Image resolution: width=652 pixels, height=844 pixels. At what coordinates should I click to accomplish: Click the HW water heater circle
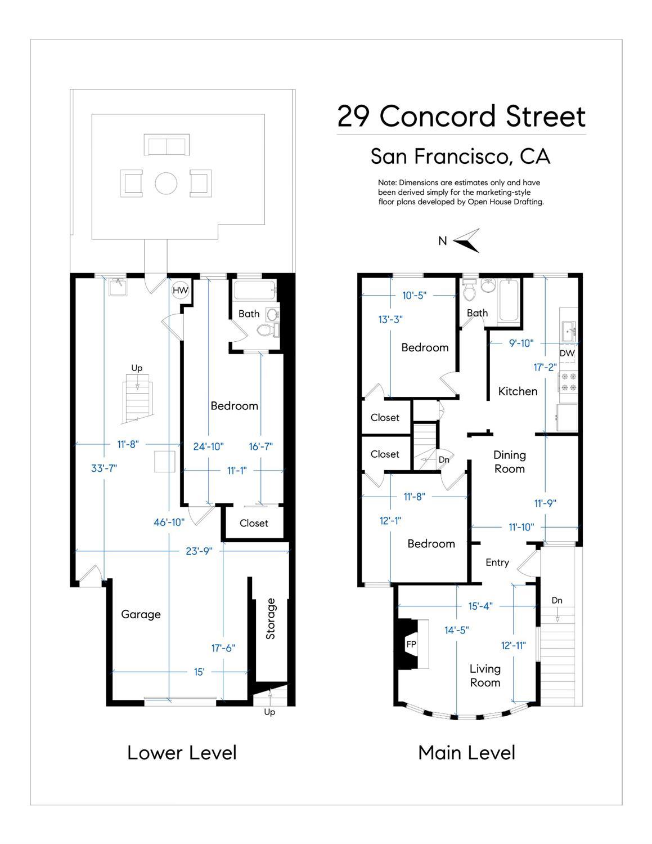(x=180, y=290)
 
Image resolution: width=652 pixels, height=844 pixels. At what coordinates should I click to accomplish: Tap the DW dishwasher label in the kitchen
(x=567, y=353)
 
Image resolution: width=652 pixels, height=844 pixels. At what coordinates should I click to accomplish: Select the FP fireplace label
(x=411, y=644)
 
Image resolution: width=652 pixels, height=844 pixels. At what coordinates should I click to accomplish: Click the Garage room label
(x=141, y=614)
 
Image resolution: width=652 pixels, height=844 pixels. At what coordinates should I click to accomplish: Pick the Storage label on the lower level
(x=271, y=619)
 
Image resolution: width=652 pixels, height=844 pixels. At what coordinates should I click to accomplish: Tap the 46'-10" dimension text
(x=169, y=522)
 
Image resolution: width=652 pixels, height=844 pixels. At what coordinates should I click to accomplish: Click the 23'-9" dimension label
(x=199, y=551)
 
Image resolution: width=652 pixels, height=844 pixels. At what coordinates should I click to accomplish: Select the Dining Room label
(x=510, y=462)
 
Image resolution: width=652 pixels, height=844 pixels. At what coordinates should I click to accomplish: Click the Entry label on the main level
(x=497, y=563)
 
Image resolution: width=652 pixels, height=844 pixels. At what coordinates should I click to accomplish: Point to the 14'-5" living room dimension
(x=457, y=630)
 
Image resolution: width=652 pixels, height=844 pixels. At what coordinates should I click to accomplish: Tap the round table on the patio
(x=166, y=183)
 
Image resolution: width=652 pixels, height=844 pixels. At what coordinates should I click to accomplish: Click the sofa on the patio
(x=167, y=145)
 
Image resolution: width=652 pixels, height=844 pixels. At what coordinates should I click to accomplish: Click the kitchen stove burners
(x=568, y=382)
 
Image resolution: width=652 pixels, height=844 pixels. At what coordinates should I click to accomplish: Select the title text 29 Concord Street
(x=461, y=116)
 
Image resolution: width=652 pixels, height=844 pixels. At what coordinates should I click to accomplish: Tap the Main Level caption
(x=467, y=753)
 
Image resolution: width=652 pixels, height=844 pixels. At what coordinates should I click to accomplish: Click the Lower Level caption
(x=182, y=753)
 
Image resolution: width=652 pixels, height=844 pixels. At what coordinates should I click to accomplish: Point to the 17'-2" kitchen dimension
(x=545, y=367)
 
